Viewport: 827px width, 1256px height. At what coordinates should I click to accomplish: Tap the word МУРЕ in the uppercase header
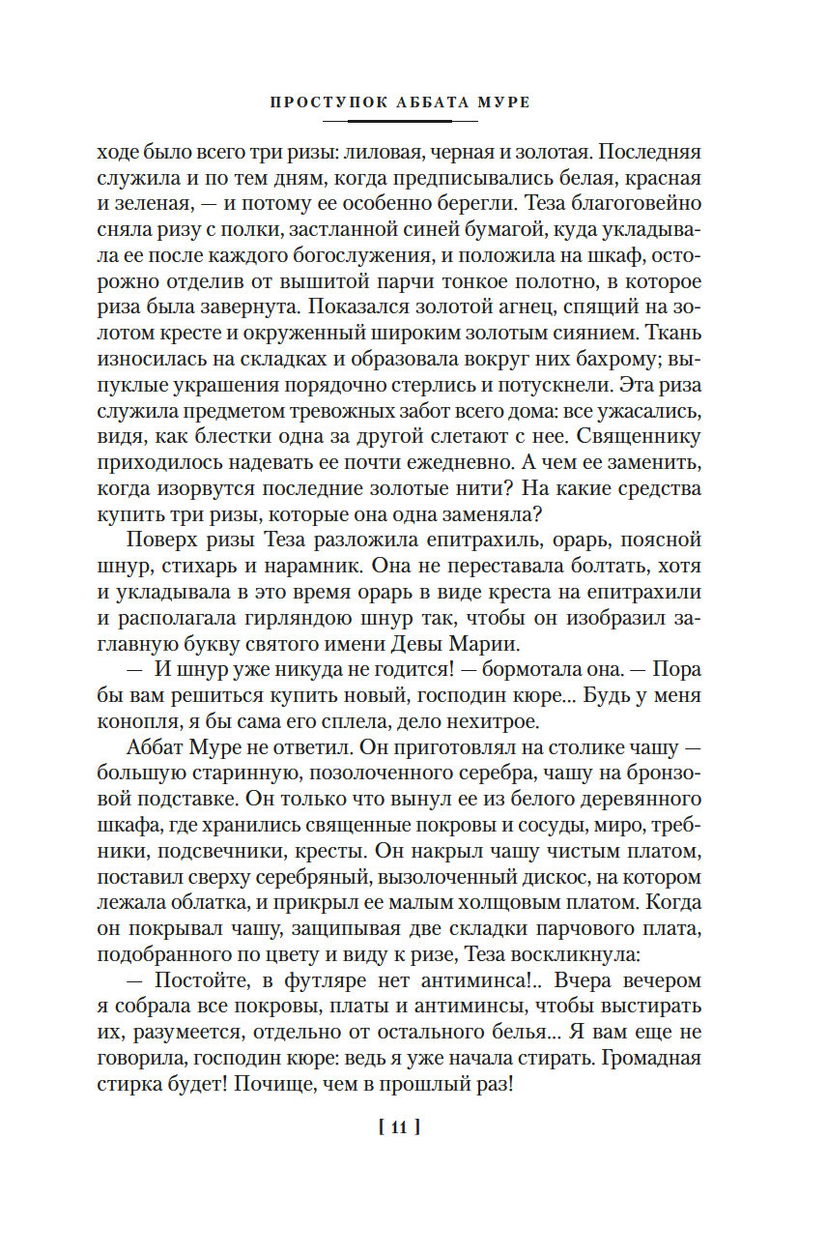point(502,102)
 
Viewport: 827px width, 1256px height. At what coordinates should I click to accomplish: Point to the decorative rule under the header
point(399,121)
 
